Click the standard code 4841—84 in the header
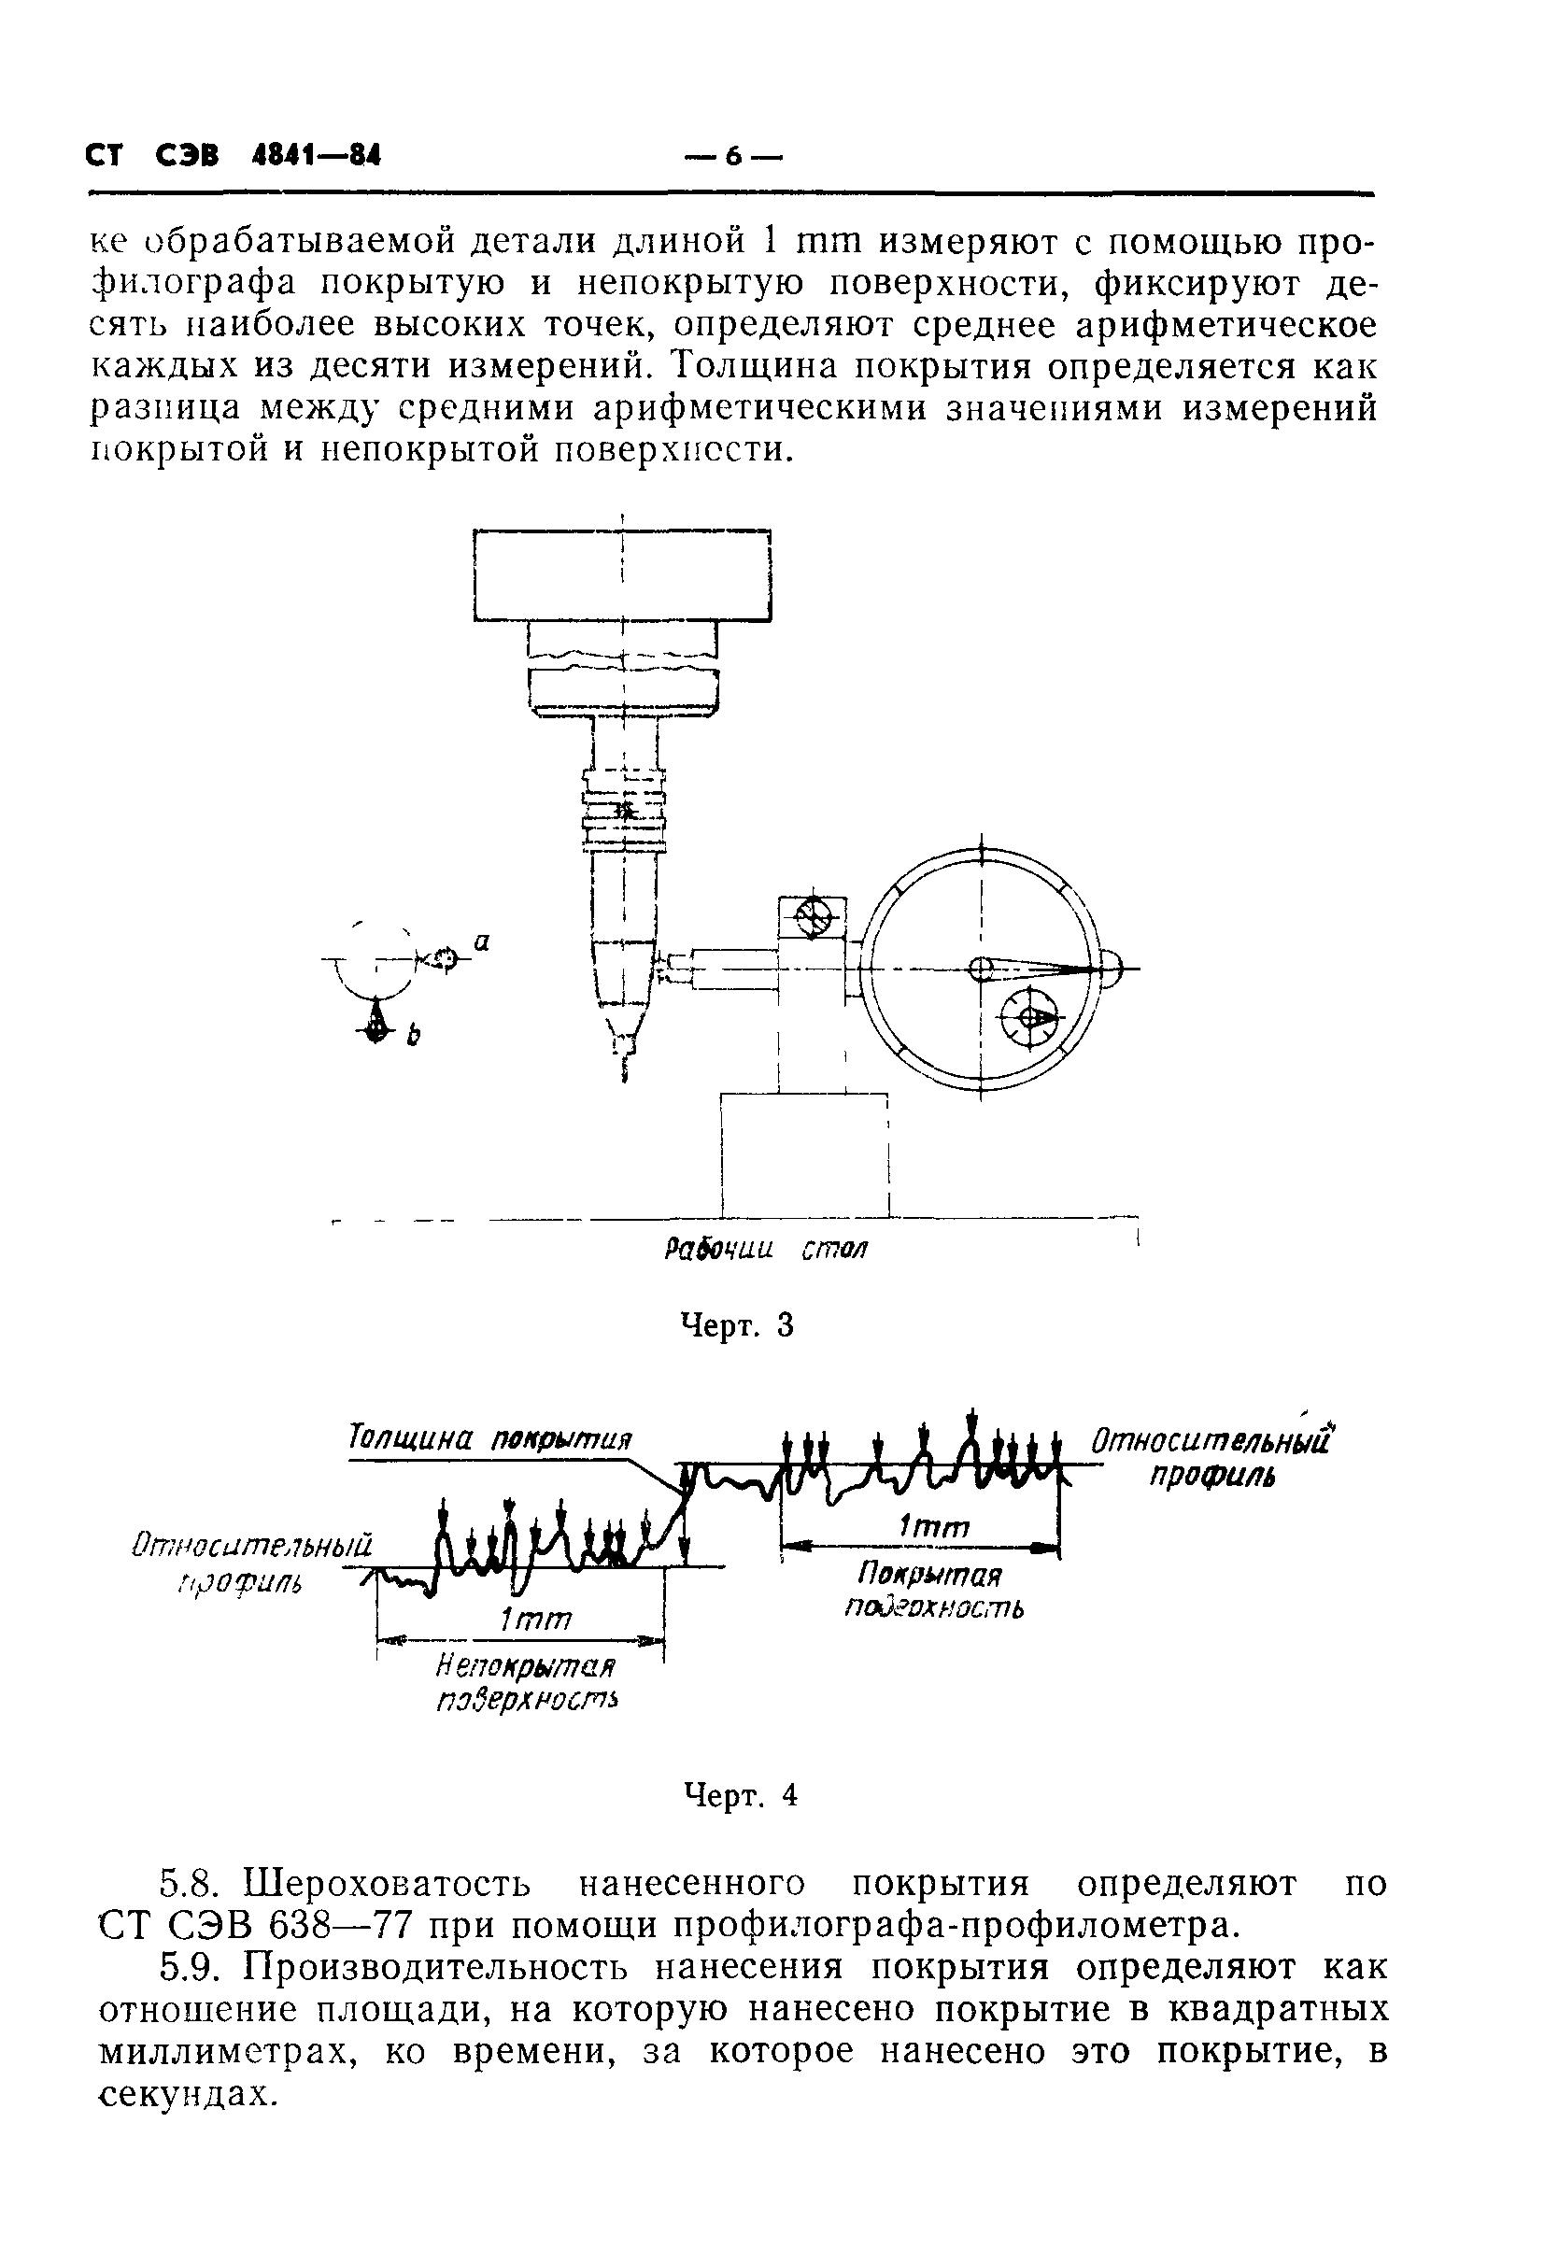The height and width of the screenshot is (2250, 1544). point(316,156)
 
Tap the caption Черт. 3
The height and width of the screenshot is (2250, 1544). point(738,1324)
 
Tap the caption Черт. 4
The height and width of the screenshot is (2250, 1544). point(741,1796)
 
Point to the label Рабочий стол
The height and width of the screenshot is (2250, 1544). point(766,1250)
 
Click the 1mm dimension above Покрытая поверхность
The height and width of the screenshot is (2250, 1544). point(933,1528)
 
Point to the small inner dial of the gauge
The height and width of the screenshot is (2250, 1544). point(1029,1017)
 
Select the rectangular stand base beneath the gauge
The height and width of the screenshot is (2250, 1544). point(804,1154)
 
